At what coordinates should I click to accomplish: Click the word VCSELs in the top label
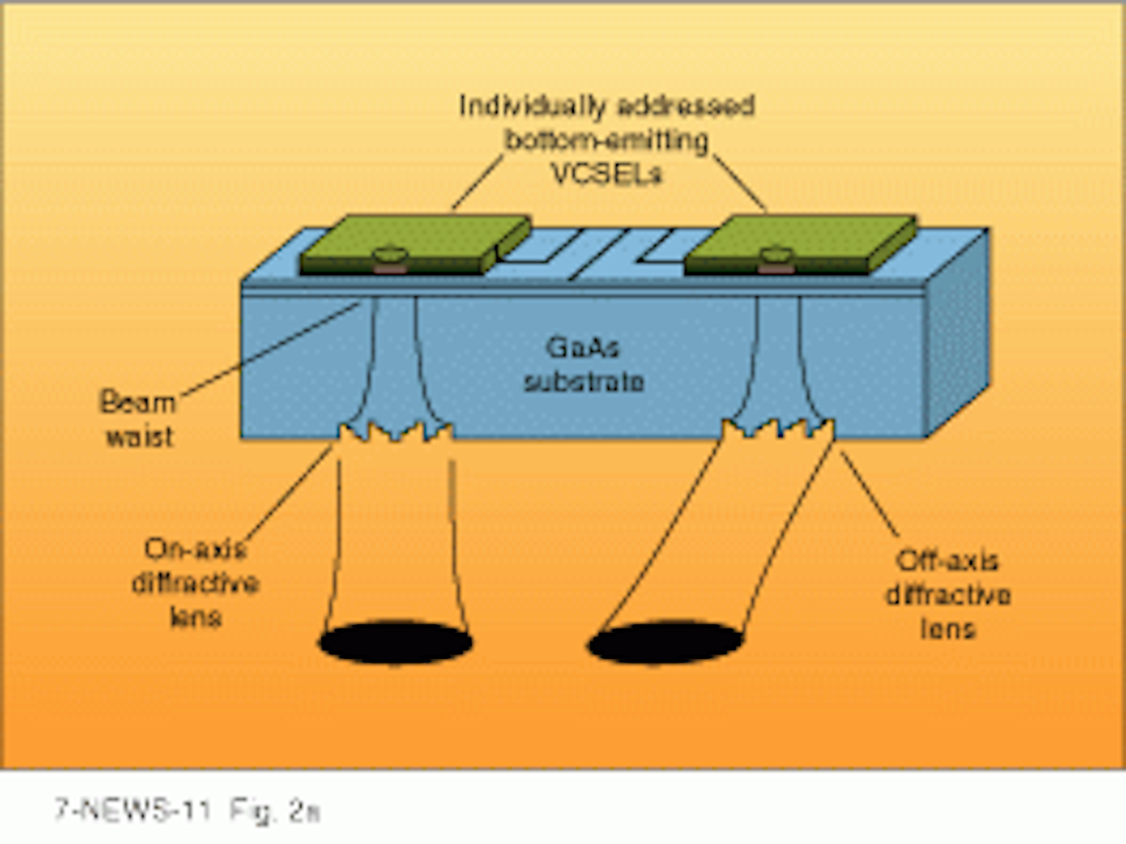coord(606,173)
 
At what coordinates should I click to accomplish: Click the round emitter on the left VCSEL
coord(388,255)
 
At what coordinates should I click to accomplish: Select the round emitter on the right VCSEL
coord(774,255)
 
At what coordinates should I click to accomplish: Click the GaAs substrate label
coord(583,364)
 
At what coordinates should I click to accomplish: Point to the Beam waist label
coord(138,420)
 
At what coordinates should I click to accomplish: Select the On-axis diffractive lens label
coord(195,583)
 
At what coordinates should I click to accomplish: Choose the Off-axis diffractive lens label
coord(948,595)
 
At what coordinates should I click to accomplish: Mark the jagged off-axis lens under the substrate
coord(778,428)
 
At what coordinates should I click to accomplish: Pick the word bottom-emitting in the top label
coord(606,140)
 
